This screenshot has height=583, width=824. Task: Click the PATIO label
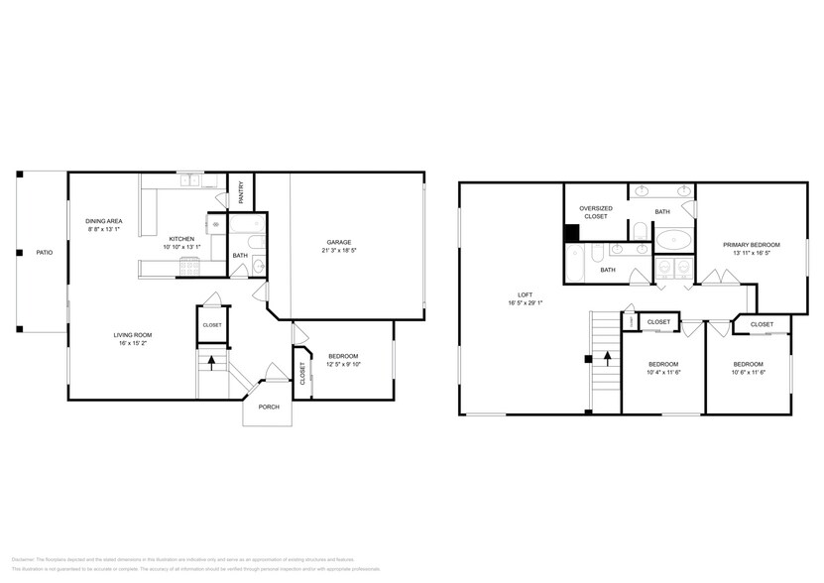(x=45, y=253)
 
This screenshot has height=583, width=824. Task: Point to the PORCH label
(x=269, y=406)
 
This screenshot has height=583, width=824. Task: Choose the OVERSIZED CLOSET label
(x=595, y=211)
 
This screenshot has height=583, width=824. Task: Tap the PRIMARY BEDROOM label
(x=751, y=244)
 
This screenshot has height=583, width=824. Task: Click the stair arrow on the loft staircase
(x=601, y=360)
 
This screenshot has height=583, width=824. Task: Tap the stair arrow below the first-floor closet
(x=211, y=364)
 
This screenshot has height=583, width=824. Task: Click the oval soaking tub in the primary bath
(x=676, y=239)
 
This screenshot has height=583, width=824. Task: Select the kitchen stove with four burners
(x=191, y=266)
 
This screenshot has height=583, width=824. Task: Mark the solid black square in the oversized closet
(x=571, y=234)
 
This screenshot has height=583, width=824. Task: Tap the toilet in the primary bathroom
(x=641, y=232)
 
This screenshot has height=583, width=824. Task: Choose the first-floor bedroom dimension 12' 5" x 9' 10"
(x=342, y=364)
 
